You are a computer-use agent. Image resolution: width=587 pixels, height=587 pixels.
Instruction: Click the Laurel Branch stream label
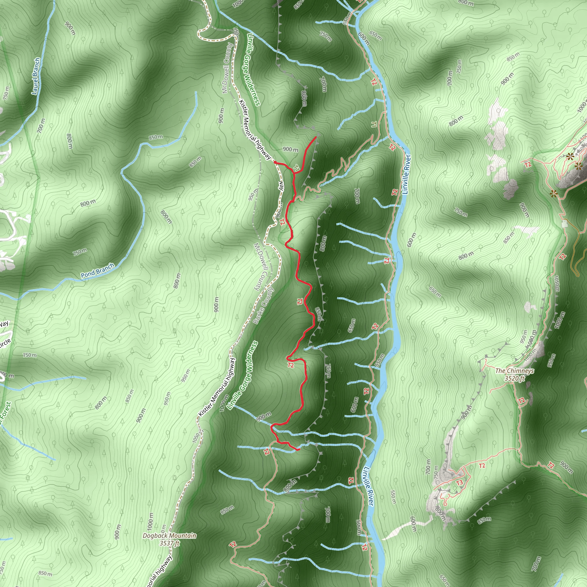(36, 76)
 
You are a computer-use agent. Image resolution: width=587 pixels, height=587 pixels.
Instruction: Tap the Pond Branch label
(97, 270)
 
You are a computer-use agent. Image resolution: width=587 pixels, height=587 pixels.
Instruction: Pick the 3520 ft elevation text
(514, 378)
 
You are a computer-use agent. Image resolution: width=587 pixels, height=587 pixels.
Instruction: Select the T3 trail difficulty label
(459, 482)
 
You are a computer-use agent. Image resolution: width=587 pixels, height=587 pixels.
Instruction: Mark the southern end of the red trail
(299, 449)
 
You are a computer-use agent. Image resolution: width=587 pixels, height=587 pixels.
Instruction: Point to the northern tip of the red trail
(316, 137)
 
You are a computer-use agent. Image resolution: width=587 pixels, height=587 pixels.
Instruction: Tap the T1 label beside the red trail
(297, 167)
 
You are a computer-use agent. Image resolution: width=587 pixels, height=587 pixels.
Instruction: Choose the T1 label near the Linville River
(374, 124)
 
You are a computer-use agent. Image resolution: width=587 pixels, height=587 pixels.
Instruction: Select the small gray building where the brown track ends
(565, 224)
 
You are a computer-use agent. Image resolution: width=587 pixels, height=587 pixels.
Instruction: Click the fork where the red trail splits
(294, 173)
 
